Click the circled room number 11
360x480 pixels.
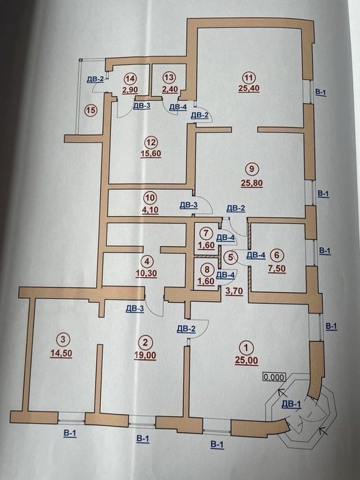coord(249,77)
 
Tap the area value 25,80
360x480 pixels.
coord(252,183)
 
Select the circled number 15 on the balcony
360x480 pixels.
coord(91,110)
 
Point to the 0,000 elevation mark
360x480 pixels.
coord(274,377)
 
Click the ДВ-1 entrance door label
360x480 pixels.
coord(291,404)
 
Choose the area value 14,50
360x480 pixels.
coord(61,353)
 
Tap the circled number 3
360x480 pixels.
coord(63,339)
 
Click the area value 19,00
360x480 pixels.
coord(145,355)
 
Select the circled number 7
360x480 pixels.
coord(206,233)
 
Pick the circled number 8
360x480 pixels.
coord(207,269)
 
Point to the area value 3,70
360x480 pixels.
coord(235,291)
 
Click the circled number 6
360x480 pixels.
coord(277,254)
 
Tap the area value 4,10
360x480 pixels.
coord(149,210)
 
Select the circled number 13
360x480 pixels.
coord(169,77)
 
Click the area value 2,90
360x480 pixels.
coord(130,90)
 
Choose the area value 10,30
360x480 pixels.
coord(146,273)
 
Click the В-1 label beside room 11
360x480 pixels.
coord(320,92)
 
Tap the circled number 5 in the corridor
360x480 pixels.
coord(231,256)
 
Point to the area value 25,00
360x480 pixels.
coord(246,360)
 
